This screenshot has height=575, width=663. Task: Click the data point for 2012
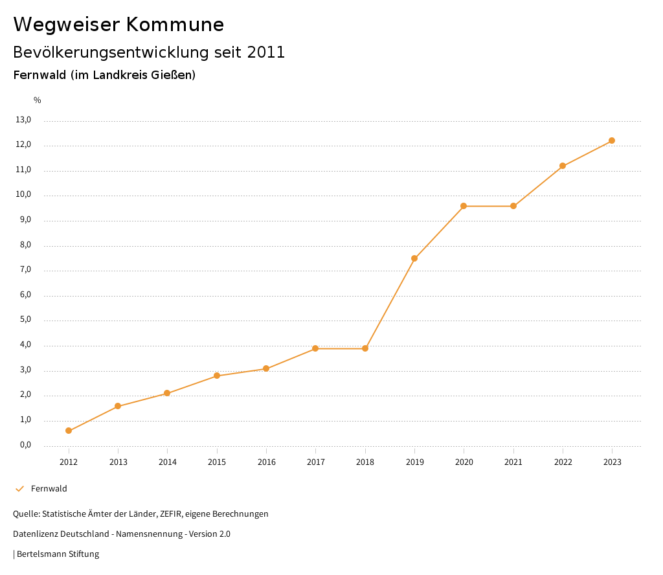coord(69,431)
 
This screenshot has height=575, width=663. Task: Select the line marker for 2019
coord(414,258)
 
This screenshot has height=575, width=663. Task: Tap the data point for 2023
coord(612,141)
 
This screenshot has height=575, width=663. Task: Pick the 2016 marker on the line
coord(266,368)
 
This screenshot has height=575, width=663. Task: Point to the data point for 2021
coord(513,206)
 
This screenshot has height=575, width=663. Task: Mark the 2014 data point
coord(167,393)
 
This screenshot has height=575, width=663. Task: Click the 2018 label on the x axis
coord(365,462)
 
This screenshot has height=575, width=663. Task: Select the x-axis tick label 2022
coord(563,462)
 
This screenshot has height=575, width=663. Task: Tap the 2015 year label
coord(217,462)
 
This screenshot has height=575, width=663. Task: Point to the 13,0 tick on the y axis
coord(23,120)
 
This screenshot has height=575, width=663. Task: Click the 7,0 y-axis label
coord(25,270)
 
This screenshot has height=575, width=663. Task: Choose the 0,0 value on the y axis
coord(25,445)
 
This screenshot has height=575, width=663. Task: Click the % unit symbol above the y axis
coord(38,100)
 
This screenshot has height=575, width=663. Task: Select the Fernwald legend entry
coord(49,489)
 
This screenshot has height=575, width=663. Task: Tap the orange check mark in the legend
coord(19,489)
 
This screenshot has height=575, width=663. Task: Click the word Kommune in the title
coord(175,25)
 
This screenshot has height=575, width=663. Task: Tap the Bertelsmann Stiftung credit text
coord(58,554)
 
